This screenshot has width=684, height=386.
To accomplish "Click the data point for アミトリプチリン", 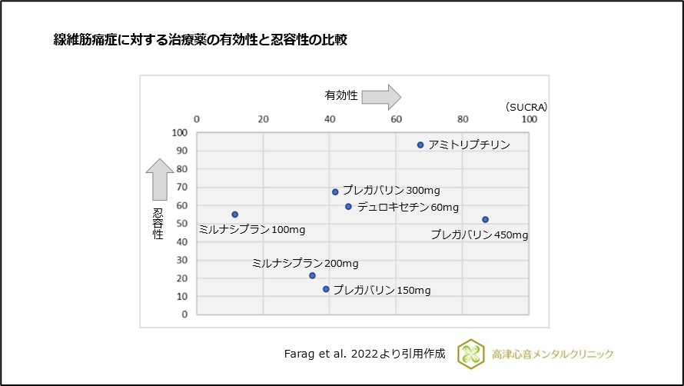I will click(x=420, y=145).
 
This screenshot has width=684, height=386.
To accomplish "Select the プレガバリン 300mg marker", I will click(x=335, y=191).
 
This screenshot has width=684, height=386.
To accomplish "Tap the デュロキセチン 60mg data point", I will click(x=348, y=207).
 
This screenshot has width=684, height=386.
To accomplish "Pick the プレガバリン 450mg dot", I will click(x=485, y=220).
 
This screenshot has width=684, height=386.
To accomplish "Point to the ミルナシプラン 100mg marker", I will click(x=234, y=215).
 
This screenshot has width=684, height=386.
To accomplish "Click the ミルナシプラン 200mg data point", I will click(x=312, y=275).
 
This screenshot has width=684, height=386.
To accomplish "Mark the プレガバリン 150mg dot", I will click(x=326, y=289).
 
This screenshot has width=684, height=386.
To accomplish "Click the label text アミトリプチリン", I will click(x=469, y=145).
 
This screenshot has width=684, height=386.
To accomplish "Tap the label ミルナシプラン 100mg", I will click(x=251, y=229).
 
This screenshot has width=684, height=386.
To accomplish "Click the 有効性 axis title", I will click(x=340, y=95).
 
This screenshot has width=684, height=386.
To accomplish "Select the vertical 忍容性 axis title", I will click(x=158, y=224).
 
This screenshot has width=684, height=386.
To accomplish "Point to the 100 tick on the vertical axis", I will click(x=179, y=132).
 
